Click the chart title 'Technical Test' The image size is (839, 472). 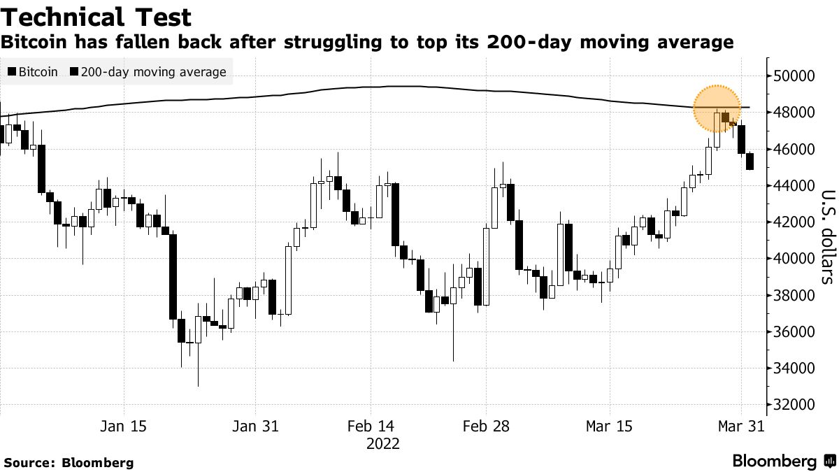pos(97,16)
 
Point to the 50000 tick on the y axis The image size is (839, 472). pos(794,76)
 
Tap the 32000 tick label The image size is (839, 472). pos(794,404)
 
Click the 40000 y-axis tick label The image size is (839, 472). pos(794,258)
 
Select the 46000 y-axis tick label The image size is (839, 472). pos(794,149)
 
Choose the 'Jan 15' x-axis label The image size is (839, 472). pos(124,426)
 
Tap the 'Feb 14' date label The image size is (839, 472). pos(371,426)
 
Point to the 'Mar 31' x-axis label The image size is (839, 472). pos(740,426)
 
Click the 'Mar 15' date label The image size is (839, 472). pos(609,426)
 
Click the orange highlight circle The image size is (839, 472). pos(717,108)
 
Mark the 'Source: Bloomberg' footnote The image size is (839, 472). pos(69,462)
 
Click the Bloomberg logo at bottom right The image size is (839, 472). pos(782,461)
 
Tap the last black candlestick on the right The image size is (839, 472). pos(750,162)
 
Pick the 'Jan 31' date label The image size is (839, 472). pos(254,426)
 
